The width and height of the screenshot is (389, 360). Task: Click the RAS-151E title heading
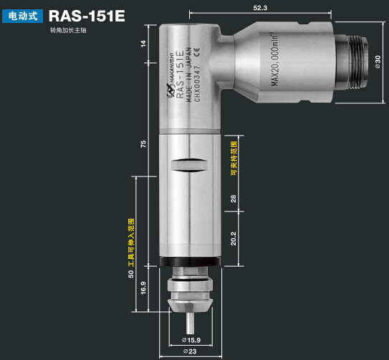click(x=87, y=15)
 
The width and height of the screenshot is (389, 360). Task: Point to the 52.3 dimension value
click(x=260, y=8)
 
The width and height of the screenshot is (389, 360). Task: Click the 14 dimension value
click(x=143, y=44)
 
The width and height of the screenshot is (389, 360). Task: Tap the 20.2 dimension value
click(x=233, y=237)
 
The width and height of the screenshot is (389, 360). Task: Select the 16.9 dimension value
click(x=143, y=288)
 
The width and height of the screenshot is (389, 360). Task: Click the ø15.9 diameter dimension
click(x=191, y=338)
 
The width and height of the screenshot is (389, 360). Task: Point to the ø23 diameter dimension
click(x=190, y=351)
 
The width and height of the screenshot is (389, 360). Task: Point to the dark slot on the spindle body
click(x=189, y=164)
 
